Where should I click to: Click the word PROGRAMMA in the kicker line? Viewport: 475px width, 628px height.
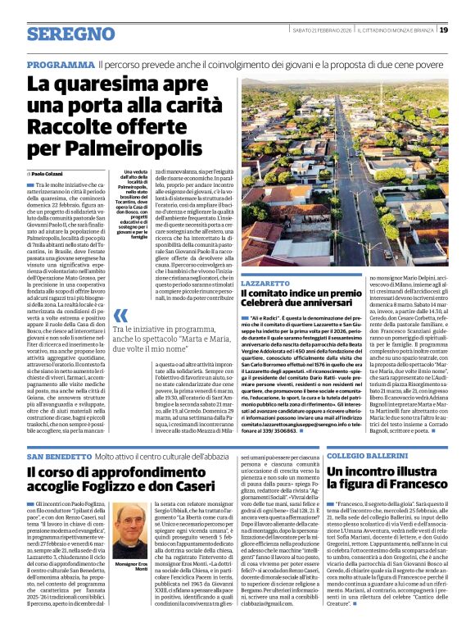pos(61,64)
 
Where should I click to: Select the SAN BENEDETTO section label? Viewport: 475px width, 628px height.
pos(58,455)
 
